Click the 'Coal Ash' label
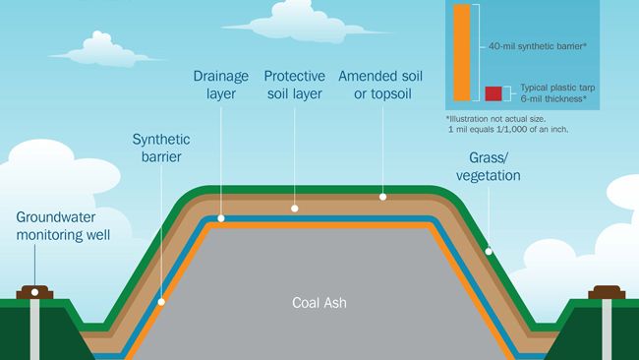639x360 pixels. click(319, 303)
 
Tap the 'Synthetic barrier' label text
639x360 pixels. click(161, 148)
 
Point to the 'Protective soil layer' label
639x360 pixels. click(295, 84)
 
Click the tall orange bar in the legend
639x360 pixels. click(463, 51)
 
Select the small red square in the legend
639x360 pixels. click(494, 94)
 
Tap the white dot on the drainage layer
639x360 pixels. click(222, 218)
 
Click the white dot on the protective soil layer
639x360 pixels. click(294, 209)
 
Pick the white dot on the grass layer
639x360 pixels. click(489, 252)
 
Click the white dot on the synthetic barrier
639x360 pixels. click(162, 302)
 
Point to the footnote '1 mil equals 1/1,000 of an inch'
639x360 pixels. click(508, 130)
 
